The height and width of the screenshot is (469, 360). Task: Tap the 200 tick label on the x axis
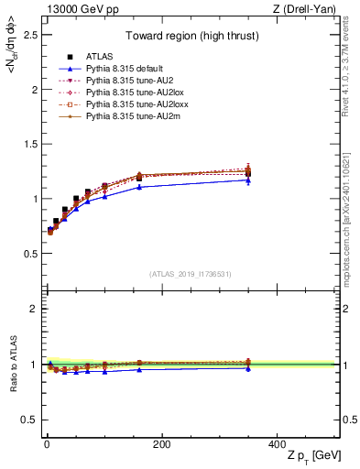pos(161,444)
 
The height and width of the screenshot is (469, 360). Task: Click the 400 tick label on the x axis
pos(276,444)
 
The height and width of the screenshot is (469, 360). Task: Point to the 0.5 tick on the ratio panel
pos(30,420)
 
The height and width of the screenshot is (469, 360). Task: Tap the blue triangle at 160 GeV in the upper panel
pos(139,187)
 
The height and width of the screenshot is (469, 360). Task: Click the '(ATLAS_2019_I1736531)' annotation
pos(191,273)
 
